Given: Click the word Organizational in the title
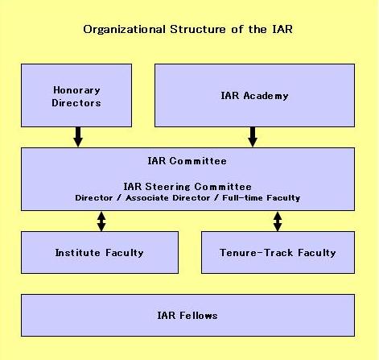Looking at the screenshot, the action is coord(124,30).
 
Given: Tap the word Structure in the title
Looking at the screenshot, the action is coord(198,29).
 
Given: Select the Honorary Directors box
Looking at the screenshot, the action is coord(76,95).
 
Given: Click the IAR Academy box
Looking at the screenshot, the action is coord(254,95).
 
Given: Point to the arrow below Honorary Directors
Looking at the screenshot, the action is coord(78,137).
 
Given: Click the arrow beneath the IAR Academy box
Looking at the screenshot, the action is coord(253,137).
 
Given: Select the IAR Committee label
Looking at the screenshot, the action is coord(187,161).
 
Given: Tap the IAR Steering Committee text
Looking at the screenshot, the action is coord(187,187).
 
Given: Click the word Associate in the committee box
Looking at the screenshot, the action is coord(147,198).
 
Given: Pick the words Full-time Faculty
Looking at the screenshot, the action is coord(262,198).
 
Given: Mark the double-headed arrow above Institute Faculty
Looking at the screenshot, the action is coord(101,221).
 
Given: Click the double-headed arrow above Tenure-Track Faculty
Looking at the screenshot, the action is coord(278,221).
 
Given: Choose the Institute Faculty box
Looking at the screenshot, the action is coord(100,252).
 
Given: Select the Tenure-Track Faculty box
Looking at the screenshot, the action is coord(278,252).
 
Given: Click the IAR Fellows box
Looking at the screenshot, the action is coord(187,315).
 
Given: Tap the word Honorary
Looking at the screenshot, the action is coord(76,90).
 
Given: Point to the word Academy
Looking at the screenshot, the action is coord(266,96).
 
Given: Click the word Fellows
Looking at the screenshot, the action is coord(198,316).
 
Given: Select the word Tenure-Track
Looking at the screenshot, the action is coord(256,253).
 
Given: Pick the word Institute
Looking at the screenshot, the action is coord(77,253).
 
